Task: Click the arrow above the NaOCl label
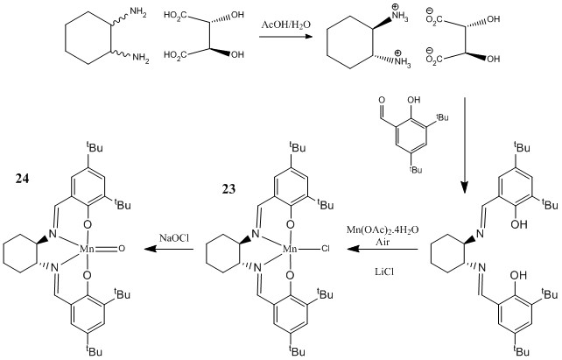pyautogui.click(x=172, y=250)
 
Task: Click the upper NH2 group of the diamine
pyautogui.click(x=137, y=12)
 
